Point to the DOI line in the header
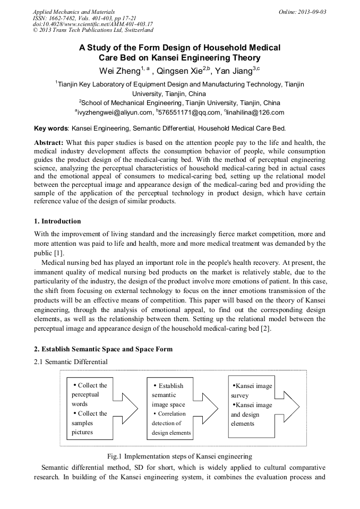click(93, 24)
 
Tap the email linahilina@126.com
click(255, 113)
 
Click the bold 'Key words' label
click(50, 128)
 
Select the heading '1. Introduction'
click(57, 221)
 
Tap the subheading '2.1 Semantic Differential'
click(71, 362)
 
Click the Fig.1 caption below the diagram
click(179, 456)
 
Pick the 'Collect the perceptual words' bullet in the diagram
click(89, 395)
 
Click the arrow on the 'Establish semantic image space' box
click(205, 409)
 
